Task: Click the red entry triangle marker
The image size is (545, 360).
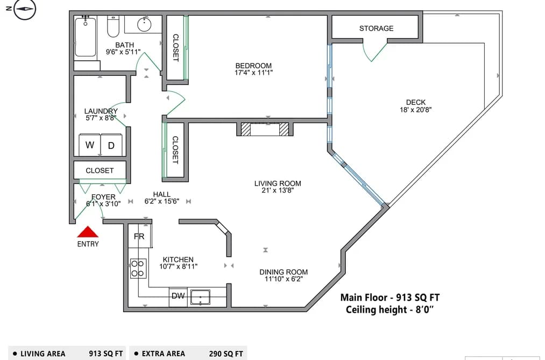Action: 88,232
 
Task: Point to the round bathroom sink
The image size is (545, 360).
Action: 144,24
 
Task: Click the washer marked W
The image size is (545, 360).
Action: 90,145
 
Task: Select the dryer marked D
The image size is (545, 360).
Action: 111,145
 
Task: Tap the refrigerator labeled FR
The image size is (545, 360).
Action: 139,236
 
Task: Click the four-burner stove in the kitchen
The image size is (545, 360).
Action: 138,269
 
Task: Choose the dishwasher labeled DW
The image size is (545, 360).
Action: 178,297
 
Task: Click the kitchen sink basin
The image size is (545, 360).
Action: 200,297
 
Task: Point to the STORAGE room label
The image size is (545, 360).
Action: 377,29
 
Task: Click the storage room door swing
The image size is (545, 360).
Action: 374,51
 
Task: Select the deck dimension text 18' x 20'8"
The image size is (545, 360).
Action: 416,110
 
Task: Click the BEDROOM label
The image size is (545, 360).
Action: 253,66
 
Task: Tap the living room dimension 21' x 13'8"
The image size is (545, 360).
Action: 278,190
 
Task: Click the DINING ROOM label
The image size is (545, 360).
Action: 284,272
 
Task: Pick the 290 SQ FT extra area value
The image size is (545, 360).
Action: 226,354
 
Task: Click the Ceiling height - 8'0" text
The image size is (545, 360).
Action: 390,309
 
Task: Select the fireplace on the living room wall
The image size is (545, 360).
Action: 265,129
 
